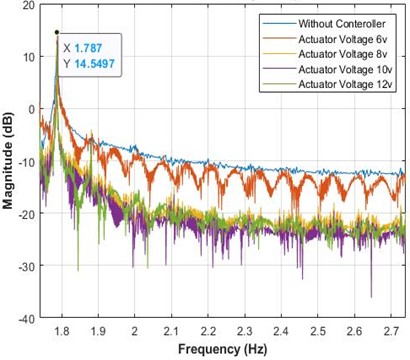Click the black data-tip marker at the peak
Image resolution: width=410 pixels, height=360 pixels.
pos(57,32)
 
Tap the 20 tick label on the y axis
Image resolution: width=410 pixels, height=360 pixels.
pos(27,6)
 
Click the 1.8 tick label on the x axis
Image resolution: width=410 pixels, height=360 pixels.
pos(62,330)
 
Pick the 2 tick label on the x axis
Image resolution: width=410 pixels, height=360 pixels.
pos(135,330)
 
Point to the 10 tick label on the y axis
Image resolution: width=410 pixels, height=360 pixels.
pos(27,58)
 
